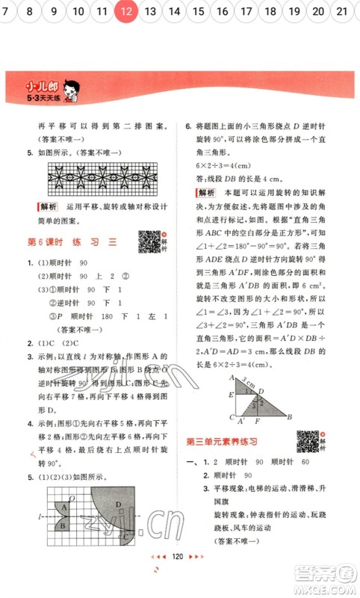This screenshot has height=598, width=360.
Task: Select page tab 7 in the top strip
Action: click(x=8, y=11)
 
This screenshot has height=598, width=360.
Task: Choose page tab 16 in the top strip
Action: click(x=222, y=11)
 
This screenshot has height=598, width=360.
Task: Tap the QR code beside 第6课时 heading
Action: click(x=149, y=241)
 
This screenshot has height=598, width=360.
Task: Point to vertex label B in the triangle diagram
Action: click(x=289, y=418)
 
